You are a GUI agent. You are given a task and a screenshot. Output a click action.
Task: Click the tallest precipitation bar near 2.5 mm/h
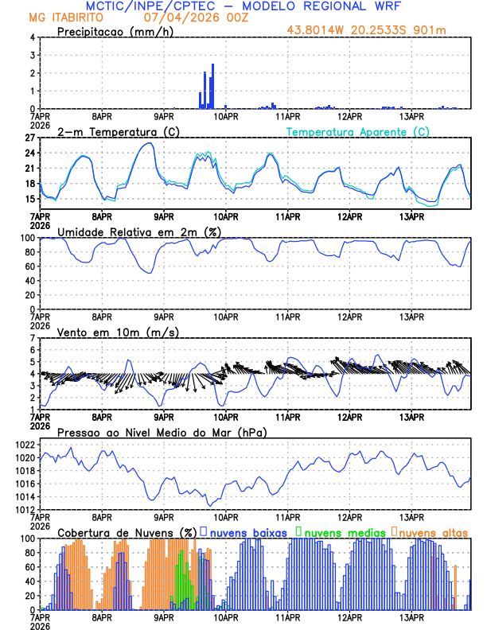(x=212, y=86)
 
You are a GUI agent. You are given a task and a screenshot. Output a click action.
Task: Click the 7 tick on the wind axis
(x=33, y=338)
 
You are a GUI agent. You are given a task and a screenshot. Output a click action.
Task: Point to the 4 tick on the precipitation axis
(x=33, y=37)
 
